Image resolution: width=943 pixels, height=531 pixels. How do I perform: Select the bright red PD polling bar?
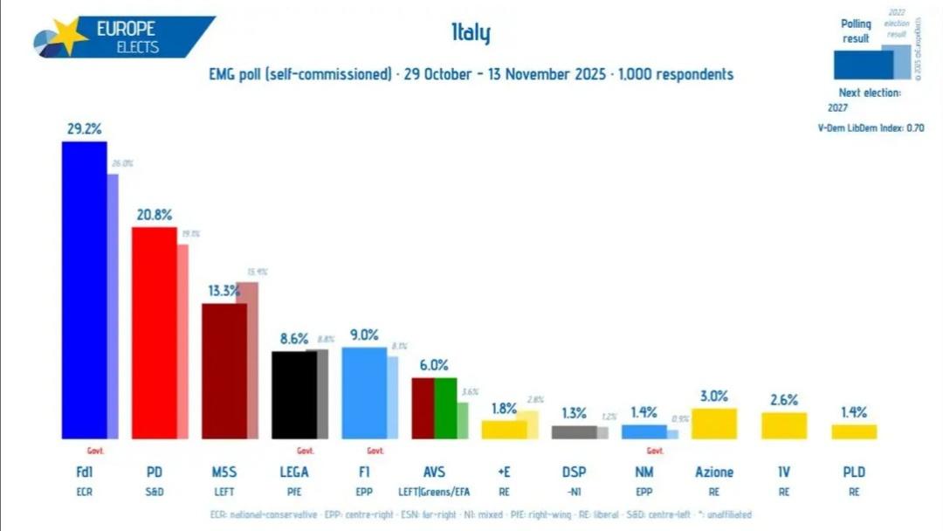coord(154,333)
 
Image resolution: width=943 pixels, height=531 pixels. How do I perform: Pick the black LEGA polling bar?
coord(294,394)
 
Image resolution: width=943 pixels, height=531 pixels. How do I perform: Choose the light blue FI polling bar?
coord(364,392)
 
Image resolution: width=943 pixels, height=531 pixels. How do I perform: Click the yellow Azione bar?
coord(714,424)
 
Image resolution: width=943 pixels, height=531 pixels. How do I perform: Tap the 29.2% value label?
coord(84,128)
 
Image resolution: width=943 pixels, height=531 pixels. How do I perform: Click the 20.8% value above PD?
coord(154,214)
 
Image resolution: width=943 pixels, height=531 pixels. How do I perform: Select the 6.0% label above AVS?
coord(434,365)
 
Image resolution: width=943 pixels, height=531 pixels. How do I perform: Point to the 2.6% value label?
coord(784,399)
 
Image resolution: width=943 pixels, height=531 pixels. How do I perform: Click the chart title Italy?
coord(471,34)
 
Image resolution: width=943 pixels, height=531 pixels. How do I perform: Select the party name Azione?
coord(714,472)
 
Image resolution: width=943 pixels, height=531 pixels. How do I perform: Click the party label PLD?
coord(854,472)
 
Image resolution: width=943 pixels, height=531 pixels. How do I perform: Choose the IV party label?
coord(784,472)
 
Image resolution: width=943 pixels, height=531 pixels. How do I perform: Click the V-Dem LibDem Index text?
coord(869,128)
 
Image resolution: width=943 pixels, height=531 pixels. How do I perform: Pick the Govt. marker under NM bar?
coord(655,451)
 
